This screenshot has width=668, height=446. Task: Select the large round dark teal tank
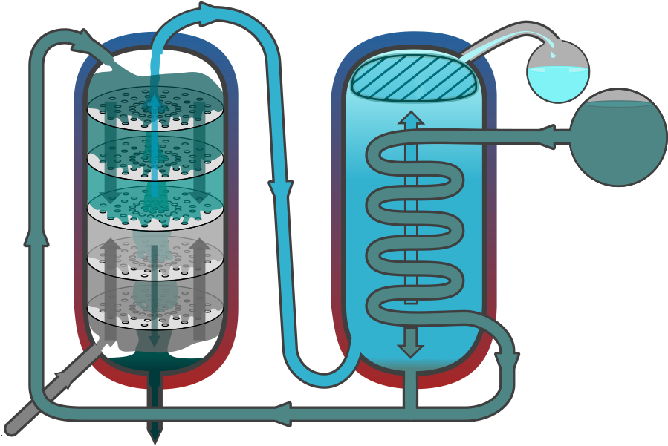click(617, 138)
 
